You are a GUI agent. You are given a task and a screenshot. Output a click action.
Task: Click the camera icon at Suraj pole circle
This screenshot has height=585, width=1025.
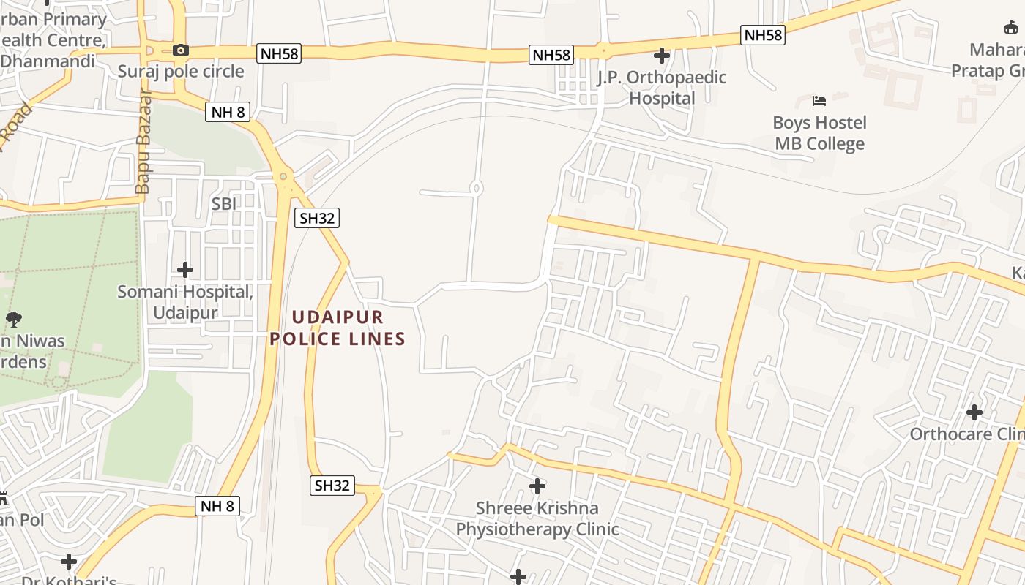(x=180, y=50)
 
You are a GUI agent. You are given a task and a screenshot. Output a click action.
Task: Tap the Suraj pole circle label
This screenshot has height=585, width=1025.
(x=181, y=71)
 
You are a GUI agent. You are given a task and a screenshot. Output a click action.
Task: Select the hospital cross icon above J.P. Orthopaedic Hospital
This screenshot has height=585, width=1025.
(x=662, y=56)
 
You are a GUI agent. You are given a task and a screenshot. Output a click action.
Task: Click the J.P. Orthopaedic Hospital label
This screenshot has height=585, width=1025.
(x=662, y=88)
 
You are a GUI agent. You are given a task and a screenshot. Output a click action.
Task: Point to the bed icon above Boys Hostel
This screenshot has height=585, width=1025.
(x=819, y=100)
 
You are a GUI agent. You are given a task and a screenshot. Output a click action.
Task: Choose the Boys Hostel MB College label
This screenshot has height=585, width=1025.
(x=819, y=133)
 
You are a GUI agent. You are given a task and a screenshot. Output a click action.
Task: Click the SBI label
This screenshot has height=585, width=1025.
(x=224, y=204)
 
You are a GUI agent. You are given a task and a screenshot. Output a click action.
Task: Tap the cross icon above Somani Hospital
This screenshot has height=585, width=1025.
(x=185, y=270)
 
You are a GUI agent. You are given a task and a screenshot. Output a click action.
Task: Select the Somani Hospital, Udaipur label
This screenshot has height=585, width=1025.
(x=185, y=302)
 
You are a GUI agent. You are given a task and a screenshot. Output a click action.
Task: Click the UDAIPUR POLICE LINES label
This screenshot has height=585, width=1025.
(x=338, y=328)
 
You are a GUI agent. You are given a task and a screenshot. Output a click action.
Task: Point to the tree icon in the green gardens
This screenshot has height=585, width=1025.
(x=13, y=319)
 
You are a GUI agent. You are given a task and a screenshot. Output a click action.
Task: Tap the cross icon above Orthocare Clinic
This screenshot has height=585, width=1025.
(x=974, y=412)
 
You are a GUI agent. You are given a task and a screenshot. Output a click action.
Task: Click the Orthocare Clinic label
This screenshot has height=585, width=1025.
(x=966, y=434)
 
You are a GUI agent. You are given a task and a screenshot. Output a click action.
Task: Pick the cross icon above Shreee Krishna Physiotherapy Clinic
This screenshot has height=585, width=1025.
(x=537, y=486)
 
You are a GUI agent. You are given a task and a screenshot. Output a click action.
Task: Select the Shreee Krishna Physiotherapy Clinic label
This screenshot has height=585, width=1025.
(x=537, y=518)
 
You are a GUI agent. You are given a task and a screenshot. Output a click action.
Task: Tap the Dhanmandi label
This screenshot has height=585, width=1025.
(x=48, y=61)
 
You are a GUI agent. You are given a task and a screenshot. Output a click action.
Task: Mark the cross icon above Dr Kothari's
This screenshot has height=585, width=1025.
(x=69, y=562)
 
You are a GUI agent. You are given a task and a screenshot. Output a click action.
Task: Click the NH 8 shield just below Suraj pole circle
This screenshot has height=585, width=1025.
(x=228, y=112)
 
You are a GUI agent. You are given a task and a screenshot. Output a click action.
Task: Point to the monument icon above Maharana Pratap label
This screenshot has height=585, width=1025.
(x=1011, y=28)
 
